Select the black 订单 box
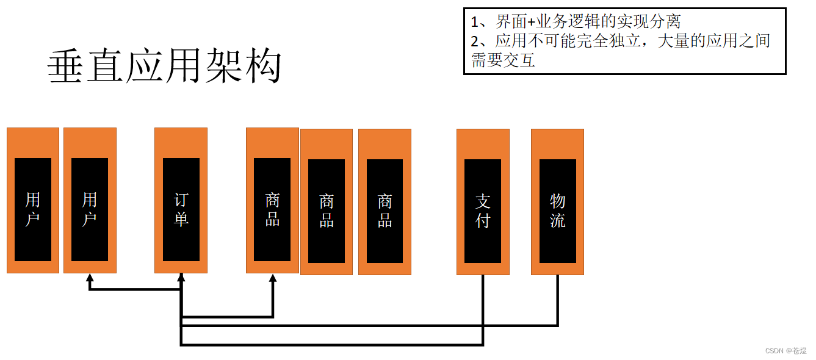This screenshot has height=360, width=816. [x=181, y=209]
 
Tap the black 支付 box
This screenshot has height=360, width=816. [x=483, y=211]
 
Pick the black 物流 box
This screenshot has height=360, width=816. [x=557, y=211]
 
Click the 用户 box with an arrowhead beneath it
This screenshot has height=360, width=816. [x=90, y=209]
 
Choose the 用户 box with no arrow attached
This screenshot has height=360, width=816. [x=33, y=209]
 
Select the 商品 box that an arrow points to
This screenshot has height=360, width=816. [x=272, y=209]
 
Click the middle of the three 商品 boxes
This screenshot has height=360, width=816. [x=327, y=211]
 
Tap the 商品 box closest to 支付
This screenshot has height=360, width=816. [x=385, y=211]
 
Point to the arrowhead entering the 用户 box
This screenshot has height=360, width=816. [x=90, y=278]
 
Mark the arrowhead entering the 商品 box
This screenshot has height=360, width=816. [x=273, y=278]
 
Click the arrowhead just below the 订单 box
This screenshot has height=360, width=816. [x=181, y=278]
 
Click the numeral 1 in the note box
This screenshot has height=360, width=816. [x=475, y=23]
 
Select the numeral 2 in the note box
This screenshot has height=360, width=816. [x=475, y=41]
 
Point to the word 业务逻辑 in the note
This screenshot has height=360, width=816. [x=565, y=23]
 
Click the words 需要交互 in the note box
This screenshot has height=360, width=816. [x=504, y=60]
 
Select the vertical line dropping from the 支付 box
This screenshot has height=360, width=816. [x=483, y=308]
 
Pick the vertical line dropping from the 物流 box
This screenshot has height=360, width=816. [x=557, y=299]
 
